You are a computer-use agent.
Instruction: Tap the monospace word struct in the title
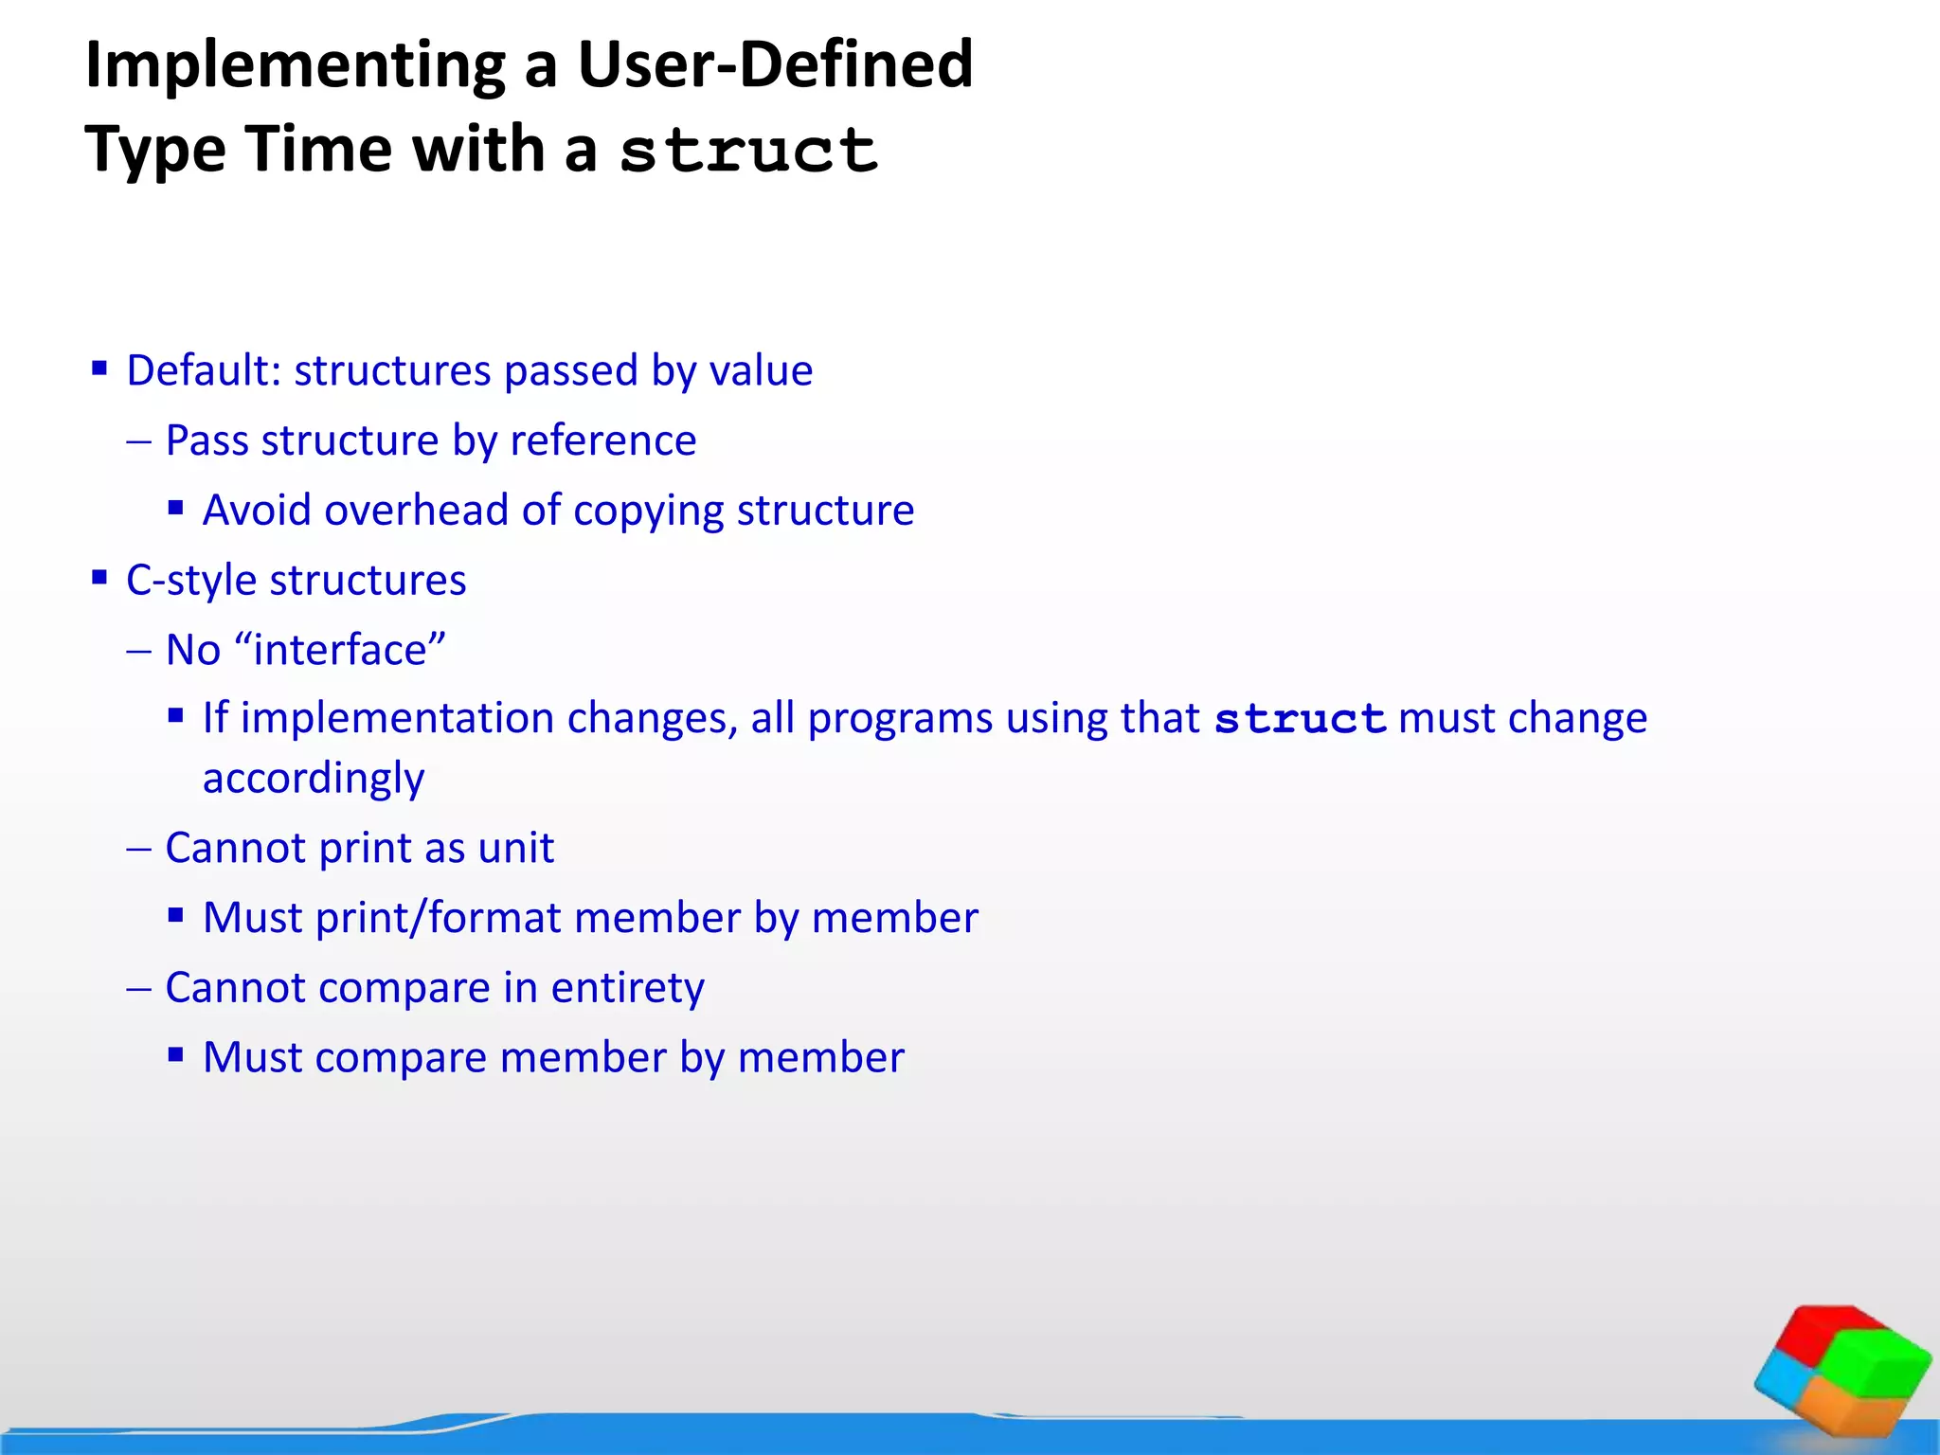point(748,152)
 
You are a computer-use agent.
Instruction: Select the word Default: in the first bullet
point(204,370)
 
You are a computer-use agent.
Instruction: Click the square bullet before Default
point(99,368)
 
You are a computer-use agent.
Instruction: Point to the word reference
point(602,440)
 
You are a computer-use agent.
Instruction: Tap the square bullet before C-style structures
point(99,578)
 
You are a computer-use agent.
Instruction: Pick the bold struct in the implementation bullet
point(1300,719)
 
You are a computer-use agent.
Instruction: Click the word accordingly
point(314,779)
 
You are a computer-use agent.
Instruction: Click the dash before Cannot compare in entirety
point(138,988)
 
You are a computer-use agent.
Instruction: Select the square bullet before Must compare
point(175,1055)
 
